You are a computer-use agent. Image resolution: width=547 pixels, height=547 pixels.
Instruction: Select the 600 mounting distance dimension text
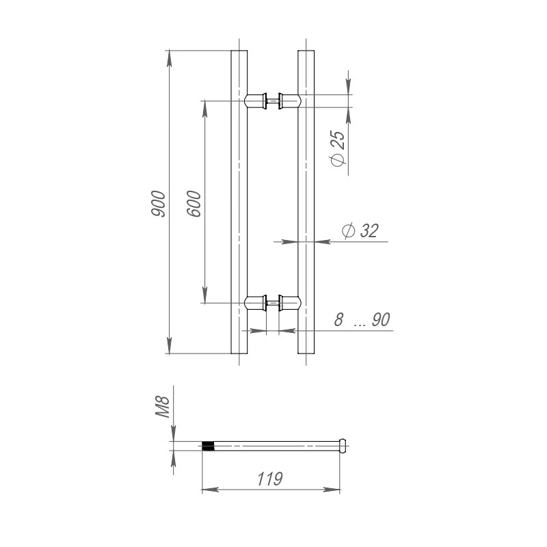(194, 203)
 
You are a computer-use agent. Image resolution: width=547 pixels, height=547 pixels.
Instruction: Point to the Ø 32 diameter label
(358, 231)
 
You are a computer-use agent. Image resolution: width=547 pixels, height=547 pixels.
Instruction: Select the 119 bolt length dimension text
(271, 479)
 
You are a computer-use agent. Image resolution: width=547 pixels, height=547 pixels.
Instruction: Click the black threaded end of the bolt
(209, 446)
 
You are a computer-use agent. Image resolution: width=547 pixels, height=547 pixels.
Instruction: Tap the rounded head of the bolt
(342, 446)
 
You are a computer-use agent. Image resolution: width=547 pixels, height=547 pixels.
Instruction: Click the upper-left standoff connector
(256, 101)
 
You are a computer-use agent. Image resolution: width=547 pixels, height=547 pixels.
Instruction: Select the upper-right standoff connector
(289, 101)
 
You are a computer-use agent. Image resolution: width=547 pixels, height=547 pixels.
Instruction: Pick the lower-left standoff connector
(256, 303)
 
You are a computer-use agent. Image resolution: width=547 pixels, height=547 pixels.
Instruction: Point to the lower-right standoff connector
(289, 303)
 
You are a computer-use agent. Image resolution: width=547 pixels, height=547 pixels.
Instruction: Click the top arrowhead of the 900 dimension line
(170, 57)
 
